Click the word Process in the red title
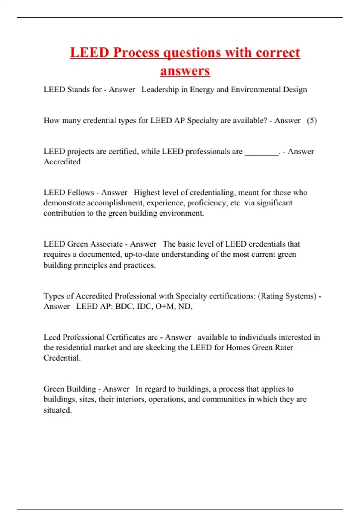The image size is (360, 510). pos(136,53)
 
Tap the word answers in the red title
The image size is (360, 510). pos(185,71)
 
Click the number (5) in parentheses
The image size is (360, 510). pos(312,121)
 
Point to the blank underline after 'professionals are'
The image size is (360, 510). pos(262,152)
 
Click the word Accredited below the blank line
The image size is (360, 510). pos(62,162)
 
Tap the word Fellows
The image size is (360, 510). pos(81,193)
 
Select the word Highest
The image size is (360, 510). pos(147,193)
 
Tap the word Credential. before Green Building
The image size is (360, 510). pos(62,358)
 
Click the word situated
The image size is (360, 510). pos(58,410)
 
